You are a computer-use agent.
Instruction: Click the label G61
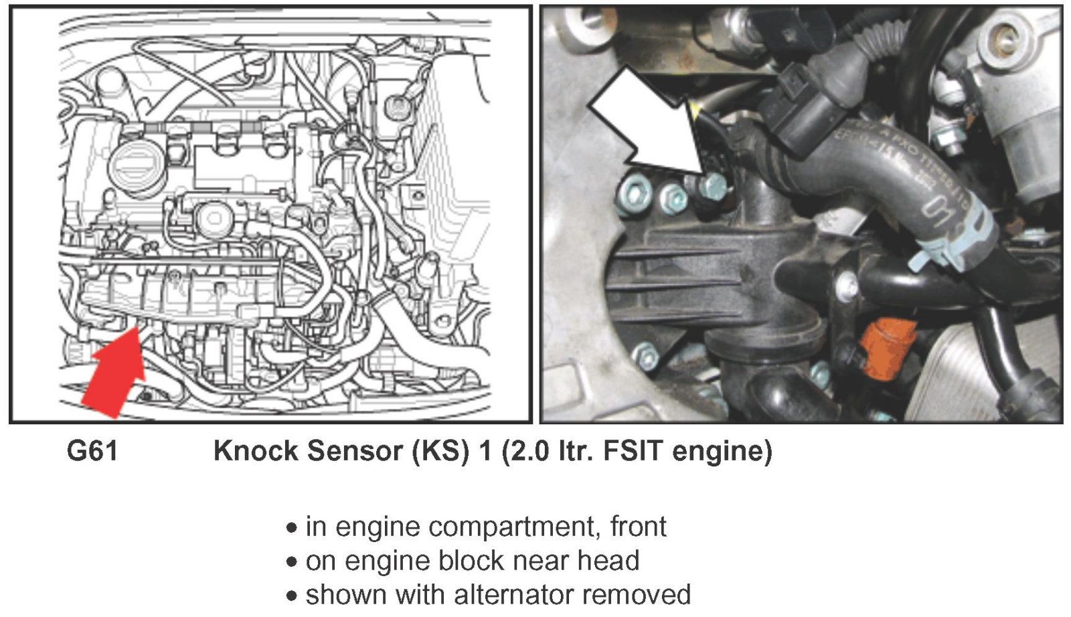[x=92, y=451]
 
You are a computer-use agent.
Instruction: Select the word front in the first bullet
[x=639, y=527]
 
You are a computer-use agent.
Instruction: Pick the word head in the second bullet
[x=608, y=561]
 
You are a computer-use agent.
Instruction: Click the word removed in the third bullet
[x=641, y=594]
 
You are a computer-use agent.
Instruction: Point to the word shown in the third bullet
[x=342, y=594]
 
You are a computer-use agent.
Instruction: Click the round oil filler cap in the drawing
[x=138, y=165]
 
